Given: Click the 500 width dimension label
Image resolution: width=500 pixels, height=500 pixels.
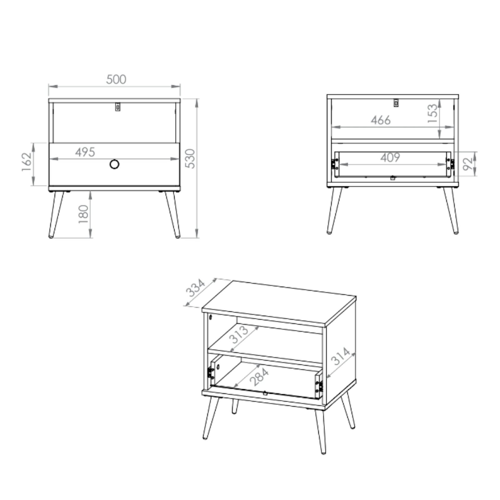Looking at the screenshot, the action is (116, 79).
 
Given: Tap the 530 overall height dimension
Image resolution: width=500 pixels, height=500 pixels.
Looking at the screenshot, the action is (190, 158).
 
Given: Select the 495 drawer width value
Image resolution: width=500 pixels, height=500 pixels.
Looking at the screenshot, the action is (85, 152).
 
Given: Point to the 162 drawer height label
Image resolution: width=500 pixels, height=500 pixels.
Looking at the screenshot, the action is (27, 162).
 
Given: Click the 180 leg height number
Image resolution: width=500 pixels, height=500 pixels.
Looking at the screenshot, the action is (83, 214).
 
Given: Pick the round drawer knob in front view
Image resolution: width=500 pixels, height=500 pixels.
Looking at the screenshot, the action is (115, 164).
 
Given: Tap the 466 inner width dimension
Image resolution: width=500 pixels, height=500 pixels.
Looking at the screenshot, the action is (381, 120).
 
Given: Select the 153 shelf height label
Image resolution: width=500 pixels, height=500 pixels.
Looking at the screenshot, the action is (432, 113).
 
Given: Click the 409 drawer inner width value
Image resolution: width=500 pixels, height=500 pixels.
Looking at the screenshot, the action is (390, 157).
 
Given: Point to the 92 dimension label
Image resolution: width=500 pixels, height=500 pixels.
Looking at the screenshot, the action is (468, 164).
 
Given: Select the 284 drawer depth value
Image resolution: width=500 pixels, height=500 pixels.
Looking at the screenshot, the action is (260, 377).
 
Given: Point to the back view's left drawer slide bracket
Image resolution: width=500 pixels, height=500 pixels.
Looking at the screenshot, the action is (335, 164).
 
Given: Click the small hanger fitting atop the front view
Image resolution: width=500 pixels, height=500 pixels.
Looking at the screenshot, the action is (117, 107).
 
